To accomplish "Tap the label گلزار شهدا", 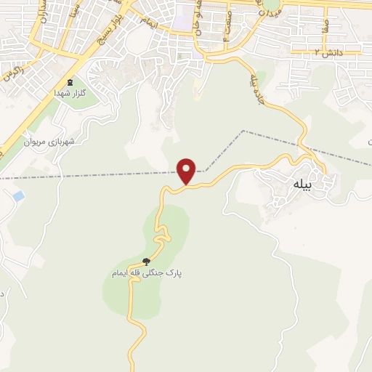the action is [70, 94].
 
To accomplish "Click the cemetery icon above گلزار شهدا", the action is [70, 83].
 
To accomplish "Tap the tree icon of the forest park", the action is [146, 262].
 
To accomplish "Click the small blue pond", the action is [18, 196].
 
